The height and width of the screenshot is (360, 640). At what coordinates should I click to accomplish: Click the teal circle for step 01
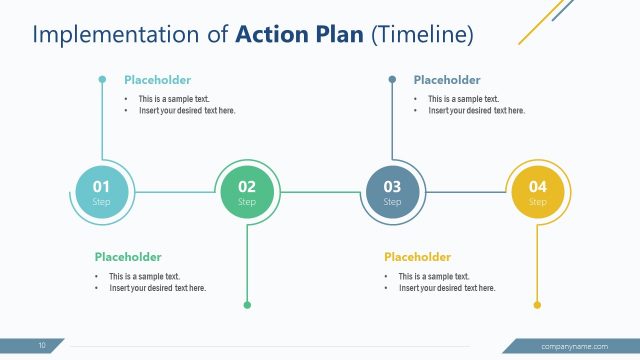coord(102,192)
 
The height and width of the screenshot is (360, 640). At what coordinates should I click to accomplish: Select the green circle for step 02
coord(247,192)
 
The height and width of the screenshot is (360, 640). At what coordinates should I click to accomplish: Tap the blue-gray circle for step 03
coord(392,192)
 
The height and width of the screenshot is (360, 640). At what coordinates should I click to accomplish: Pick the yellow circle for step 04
coord(538,192)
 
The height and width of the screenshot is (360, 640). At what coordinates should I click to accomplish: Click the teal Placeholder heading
coord(157,80)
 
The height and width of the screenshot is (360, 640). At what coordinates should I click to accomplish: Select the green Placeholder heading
coord(128,257)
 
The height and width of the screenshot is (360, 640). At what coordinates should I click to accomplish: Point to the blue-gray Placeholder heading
coord(447,80)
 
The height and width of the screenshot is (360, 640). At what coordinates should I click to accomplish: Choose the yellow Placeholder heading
coord(417,257)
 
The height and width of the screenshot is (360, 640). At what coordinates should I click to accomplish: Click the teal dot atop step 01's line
coord(102,79)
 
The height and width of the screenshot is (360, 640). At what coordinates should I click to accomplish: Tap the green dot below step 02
coord(247,305)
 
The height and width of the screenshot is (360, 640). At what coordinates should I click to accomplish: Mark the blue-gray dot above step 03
coord(392,79)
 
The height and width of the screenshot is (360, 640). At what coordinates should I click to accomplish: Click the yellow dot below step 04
coord(537,305)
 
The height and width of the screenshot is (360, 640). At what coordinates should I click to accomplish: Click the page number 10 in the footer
coord(42,346)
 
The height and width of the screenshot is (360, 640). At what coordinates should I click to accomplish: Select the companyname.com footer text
coord(574,346)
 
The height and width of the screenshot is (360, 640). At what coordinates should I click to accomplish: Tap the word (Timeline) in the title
coord(421,35)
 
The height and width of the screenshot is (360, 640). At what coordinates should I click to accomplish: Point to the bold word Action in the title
coord(269,35)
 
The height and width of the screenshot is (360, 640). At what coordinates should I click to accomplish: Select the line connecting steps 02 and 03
coord(320,192)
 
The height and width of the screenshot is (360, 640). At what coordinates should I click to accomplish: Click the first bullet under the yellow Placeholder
coord(434,276)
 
